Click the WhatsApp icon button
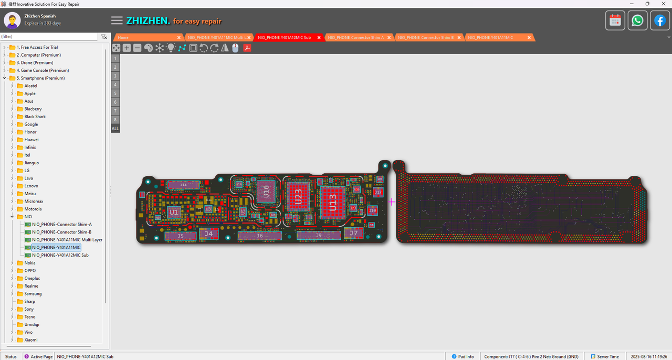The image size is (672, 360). pos(637,20)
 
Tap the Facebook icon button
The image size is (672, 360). pos(659,20)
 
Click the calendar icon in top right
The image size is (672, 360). pos(615,20)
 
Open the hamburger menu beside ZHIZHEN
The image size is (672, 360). pos(117,21)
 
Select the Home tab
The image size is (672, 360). pos(123,38)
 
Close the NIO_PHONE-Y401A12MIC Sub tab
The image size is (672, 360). pos(319,38)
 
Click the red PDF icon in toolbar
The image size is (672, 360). pos(247,48)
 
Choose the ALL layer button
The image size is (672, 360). pos(115,129)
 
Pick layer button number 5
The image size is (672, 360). pos(115,93)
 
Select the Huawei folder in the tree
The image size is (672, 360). pos(31,140)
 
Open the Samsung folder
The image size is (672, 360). pos(33,294)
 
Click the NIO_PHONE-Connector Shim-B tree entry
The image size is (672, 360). pos(61,232)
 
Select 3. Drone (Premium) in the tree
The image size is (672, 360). pos(35,62)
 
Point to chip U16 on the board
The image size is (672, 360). pos(266,192)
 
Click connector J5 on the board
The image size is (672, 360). pos(180,236)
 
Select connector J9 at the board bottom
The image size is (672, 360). pos(318,236)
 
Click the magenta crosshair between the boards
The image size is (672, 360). pos(392,202)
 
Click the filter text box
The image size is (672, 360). pos(49,37)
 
